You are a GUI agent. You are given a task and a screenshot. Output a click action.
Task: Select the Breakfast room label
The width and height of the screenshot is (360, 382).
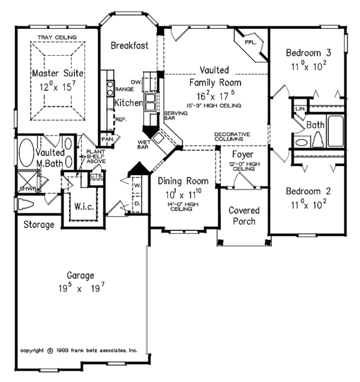[x=130, y=46]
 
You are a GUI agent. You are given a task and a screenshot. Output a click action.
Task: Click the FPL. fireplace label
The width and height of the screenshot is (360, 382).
[x=250, y=44]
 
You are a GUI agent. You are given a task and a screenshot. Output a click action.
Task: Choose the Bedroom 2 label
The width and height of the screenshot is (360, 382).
[x=307, y=191]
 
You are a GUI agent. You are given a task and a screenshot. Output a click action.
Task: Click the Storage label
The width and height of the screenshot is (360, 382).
[x=38, y=225]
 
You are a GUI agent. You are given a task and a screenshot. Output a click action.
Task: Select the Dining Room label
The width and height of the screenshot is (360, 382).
[x=183, y=181]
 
